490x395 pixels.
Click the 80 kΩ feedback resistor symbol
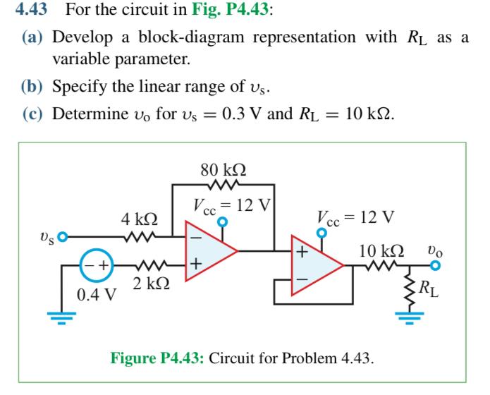coord(223,186)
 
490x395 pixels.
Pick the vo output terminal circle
coord(434,266)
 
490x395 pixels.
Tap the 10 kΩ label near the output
coord(381,250)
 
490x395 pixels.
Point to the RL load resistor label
coord(446,288)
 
